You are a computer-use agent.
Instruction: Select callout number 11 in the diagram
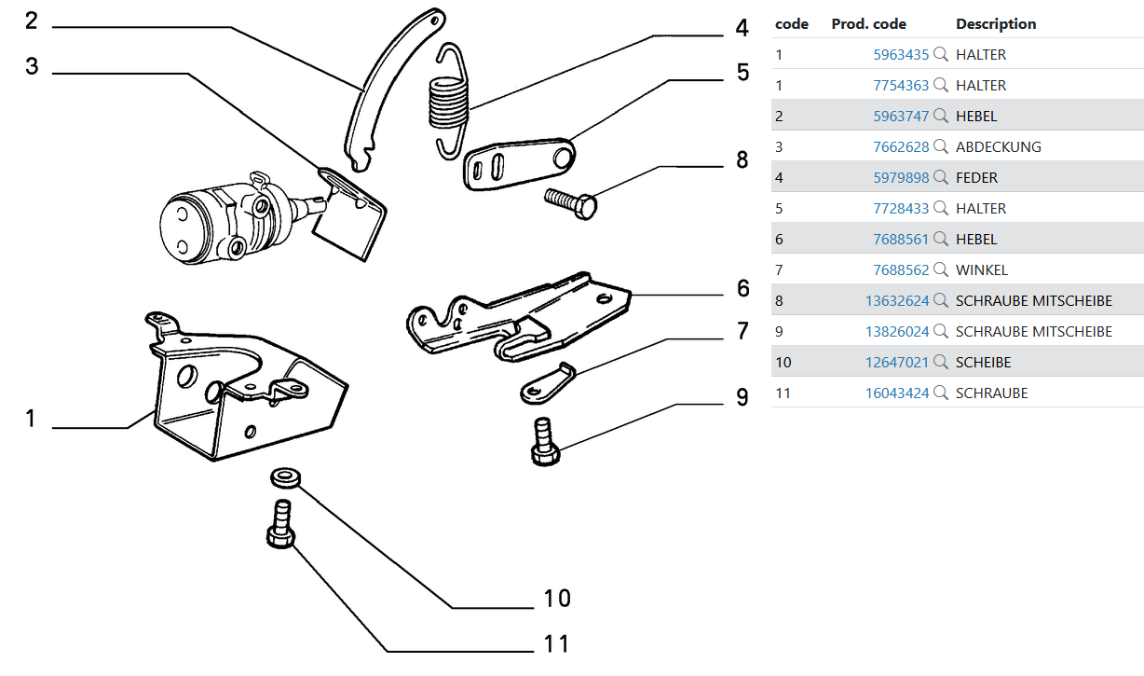pos(556,643)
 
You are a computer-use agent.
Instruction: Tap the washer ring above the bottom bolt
pos(285,477)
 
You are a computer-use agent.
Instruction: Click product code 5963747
pos(901,117)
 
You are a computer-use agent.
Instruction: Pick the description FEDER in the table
pos(976,178)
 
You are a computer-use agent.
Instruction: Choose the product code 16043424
pos(897,393)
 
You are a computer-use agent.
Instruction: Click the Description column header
pos(996,24)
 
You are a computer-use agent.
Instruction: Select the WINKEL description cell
pos(981,270)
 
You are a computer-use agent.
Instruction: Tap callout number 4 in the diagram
pos(742,28)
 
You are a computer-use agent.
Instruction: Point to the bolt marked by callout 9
pos(544,443)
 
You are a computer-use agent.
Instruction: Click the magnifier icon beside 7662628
pos(941,146)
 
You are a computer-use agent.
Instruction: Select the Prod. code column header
pos(868,24)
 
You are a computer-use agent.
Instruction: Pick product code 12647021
pos(897,363)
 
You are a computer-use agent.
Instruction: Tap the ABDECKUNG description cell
pos(998,147)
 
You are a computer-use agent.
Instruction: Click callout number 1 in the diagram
pos(30,419)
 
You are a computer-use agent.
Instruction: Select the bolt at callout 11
pos(280,526)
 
